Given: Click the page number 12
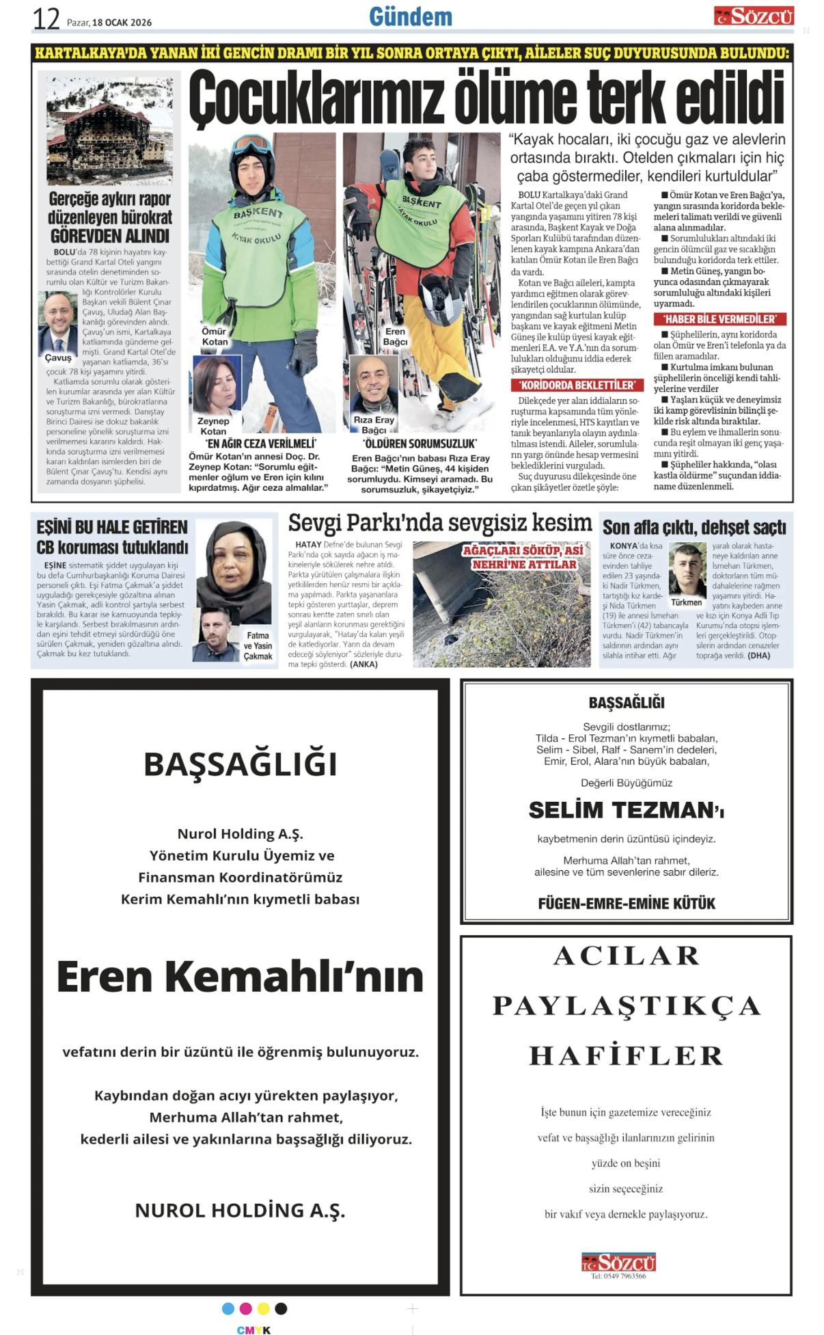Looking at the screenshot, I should coord(46,19).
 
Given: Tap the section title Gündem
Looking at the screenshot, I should coord(411,16).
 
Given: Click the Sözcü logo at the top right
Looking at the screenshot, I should coord(753,16).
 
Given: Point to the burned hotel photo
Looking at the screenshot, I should coord(109,130).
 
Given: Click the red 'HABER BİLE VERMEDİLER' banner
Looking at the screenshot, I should coord(719,319).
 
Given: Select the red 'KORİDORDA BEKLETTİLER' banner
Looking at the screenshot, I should coord(577,385).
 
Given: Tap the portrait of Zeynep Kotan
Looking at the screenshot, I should coord(217,385).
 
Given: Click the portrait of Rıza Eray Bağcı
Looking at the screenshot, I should coord(374,384).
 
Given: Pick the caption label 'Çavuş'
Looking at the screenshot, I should coord(58,358).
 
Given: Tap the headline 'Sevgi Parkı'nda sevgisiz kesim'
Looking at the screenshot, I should coord(439,524).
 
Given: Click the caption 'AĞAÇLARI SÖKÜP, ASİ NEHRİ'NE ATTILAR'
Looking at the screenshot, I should coord(523,557).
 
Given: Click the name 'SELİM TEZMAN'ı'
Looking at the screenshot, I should coord(626,810).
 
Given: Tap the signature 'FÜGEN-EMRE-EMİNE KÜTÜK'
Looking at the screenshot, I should coord(626,904).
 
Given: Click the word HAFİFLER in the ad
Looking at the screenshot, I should coord(626,1056).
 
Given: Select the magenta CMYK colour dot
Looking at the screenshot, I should coord(246,1308).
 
